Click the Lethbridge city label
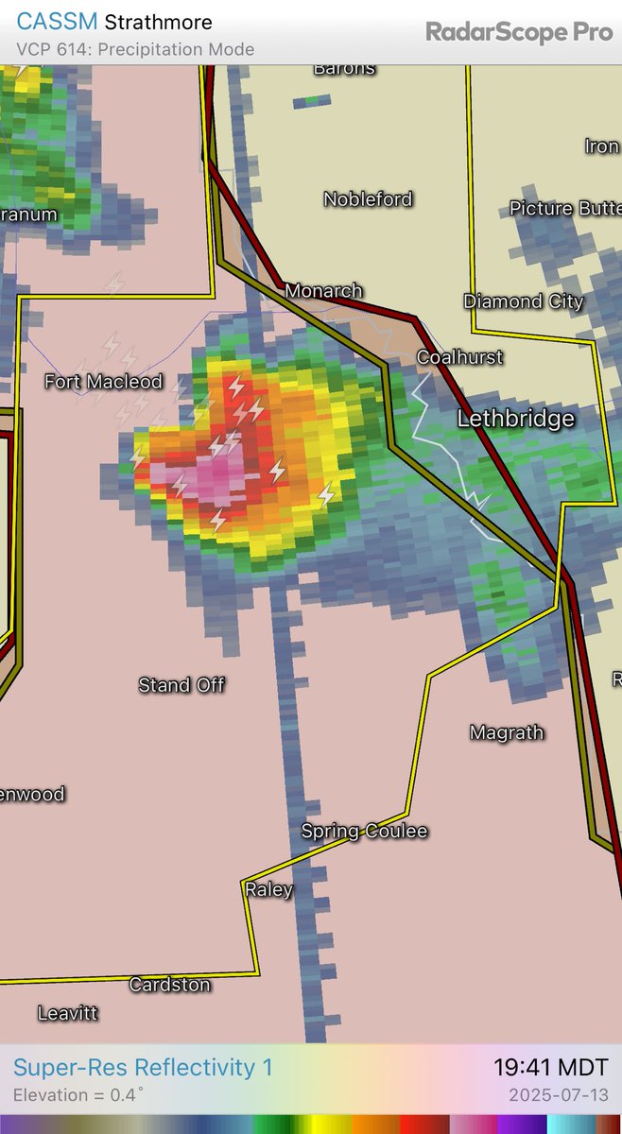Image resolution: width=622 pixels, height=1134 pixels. (515, 419)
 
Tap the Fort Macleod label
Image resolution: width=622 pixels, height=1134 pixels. (104, 382)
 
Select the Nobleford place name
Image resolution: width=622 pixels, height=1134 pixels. (368, 199)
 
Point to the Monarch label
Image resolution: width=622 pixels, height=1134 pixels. (323, 291)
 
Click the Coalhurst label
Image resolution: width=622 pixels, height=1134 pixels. (460, 357)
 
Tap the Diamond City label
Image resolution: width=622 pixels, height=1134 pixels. (524, 302)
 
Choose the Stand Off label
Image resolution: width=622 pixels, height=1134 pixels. (181, 685)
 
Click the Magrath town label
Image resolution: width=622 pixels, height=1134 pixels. (507, 732)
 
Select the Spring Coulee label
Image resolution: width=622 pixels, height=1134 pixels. (364, 832)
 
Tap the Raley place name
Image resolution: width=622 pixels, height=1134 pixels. (268, 889)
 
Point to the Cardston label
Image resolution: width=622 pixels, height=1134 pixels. (169, 985)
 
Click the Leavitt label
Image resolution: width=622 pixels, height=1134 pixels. (67, 1013)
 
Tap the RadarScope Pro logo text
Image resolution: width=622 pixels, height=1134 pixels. (518, 32)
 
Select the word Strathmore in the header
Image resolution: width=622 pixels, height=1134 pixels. (158, 22)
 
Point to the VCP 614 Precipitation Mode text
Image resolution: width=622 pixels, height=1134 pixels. (135, 49)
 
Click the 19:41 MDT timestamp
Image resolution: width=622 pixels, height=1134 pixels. (550, 1068)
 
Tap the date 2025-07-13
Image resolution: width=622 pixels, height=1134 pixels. (559, 1096)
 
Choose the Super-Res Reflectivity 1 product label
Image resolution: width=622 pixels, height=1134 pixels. (143, 1068)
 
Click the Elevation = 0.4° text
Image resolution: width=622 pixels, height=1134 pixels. (78, 1096)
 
